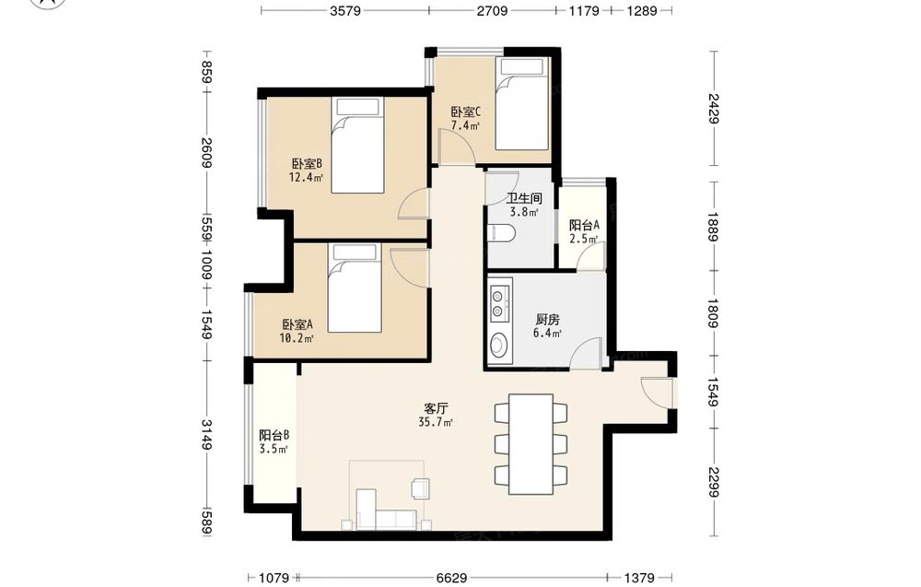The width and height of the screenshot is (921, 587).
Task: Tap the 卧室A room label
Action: click(297, 324)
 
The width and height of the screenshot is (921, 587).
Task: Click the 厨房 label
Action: click(547, 320)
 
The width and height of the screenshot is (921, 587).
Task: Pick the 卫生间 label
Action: click(524, 199)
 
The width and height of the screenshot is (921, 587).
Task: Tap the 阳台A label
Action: click(584, 225)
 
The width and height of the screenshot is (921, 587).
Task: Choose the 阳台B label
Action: click(274, 435)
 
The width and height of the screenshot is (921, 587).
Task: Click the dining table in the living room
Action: click(531, 444)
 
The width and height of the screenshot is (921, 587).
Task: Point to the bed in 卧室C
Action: click(522, 103)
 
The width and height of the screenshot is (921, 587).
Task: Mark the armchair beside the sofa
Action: click(421, 488)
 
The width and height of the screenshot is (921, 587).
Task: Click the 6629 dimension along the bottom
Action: click(451, 578)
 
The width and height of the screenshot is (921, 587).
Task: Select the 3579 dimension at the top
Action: click(344, 10)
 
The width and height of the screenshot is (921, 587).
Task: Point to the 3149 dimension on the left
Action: click(206, 435)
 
